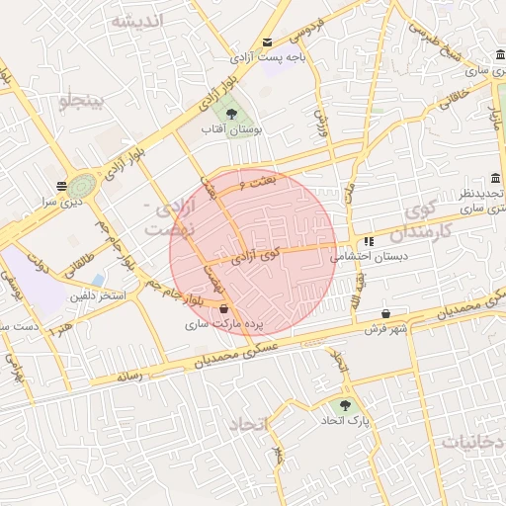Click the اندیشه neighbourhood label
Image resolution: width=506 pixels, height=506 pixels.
point(135,20)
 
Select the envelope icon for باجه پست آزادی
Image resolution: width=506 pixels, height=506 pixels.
point(268,42)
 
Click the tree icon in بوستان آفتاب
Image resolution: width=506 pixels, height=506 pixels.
point(231,114)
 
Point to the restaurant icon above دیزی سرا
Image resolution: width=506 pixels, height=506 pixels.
point(61,184)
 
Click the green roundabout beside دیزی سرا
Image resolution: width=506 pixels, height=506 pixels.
point(83,185)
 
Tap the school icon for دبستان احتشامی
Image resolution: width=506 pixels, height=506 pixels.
point(368,240)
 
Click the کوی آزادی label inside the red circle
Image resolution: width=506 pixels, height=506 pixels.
point(256,258)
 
